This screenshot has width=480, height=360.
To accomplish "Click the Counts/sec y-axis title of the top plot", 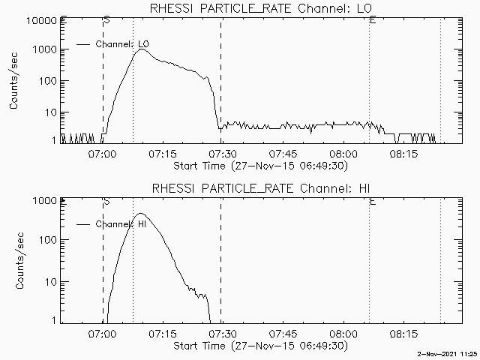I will click(x=14, y=81).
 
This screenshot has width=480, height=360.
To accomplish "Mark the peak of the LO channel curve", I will click(x=142, y=49).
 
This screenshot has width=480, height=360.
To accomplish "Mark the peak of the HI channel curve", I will click(x=140, y=214).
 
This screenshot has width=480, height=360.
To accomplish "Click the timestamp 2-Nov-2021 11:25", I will click(x=448, y=352).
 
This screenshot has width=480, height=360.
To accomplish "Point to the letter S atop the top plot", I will click(x=106, y=19).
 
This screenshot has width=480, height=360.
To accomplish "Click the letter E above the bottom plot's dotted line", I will click(x=373, y=202).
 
